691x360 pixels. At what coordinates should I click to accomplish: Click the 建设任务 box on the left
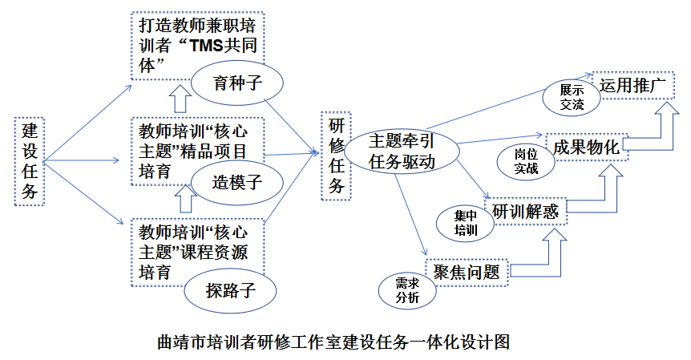click(x=29, y=160)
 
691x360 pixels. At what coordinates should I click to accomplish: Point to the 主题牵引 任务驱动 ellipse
click(x=401, y=151)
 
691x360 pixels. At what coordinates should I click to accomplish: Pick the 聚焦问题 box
click(x=467, y=272)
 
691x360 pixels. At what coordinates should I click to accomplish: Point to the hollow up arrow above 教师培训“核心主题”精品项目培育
click(x=181, y=99)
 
